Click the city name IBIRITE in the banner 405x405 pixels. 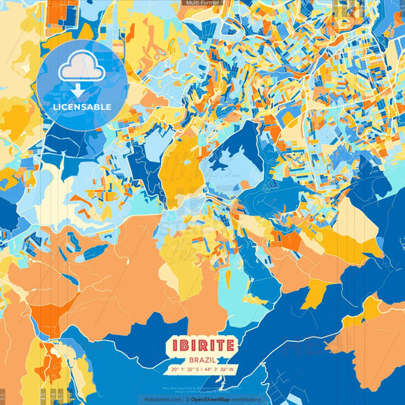tap(202, 345)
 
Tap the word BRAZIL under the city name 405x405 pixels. tap(202, 359)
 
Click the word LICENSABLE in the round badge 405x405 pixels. tap(81, 106)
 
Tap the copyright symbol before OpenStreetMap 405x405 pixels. tap(187, 399)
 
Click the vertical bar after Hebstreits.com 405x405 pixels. tap(183, 399)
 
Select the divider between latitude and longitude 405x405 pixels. tap(201, 369)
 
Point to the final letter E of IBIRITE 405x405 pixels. tap(231, 345)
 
